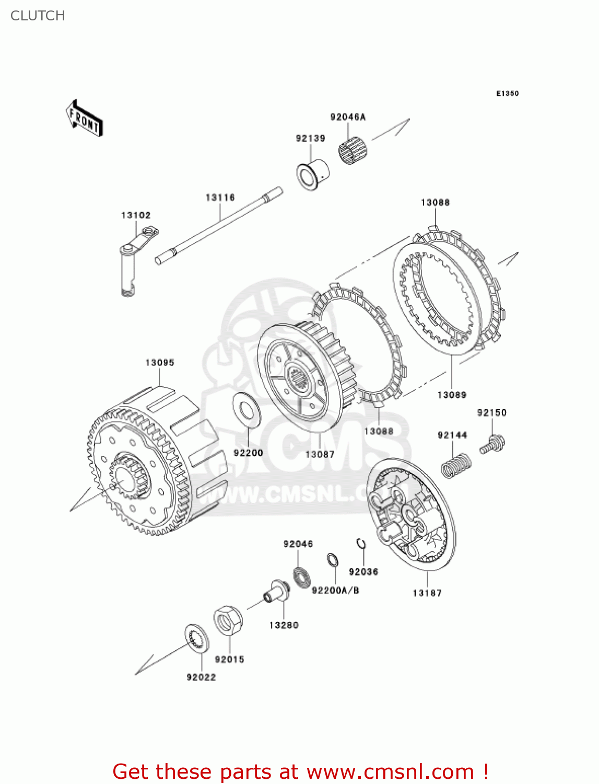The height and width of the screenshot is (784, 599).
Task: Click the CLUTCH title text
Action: (38, 16)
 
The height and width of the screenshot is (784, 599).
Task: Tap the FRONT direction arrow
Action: (84, 119)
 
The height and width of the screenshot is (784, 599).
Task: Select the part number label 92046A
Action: (348, 117)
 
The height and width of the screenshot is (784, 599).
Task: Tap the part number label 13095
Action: (160, 362)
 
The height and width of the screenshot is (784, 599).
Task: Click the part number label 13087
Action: (320, 454)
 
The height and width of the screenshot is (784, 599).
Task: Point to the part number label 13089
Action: (452, 395)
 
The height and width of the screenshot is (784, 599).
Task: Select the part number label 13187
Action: (427, 593)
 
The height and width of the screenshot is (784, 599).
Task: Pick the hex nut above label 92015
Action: (228, 620)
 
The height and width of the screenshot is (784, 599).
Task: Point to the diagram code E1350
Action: (507, 94)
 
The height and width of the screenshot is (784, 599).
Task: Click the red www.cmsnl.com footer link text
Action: (390, 771)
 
